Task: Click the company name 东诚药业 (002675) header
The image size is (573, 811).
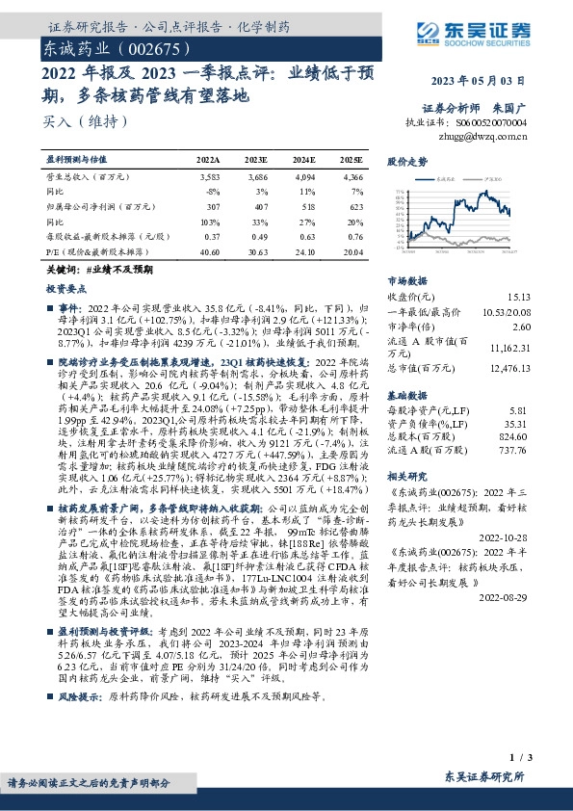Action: click(x=106, y=45)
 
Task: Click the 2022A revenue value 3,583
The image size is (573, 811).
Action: click(x=209, y=177)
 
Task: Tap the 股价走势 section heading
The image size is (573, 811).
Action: click(x=407, y=162)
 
